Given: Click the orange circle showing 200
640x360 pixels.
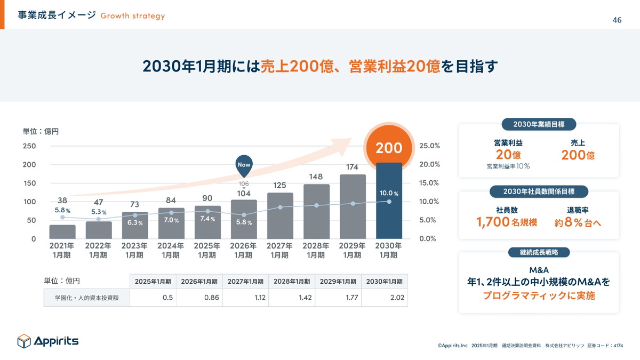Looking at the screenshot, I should pyautogui.click(x=389, y=147).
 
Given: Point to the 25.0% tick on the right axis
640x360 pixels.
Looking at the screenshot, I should pyautogui.click(x=429, y=146).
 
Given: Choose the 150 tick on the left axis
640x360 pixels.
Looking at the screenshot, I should pyautogui.click(x=29, y=183).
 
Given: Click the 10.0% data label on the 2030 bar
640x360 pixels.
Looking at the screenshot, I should pyautogui.click(x=389, y=193).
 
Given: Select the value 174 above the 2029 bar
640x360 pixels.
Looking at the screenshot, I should pyautogui.click(x=352, y=167).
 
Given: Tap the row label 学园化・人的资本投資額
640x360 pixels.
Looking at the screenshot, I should pyautogui.click(x=86, y=298).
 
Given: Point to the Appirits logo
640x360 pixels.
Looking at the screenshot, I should pyautogui.click(x=48, y=341).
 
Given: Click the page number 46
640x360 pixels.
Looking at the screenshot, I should pyautogui.click(x=617, y=20).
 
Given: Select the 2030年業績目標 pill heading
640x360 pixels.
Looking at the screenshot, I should pyautogui.click(x=539, y=124).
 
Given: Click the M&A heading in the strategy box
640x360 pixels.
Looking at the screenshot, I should pyautogui.click(x=539, y=269).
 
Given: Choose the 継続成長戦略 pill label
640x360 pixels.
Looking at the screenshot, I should pyautogui.click(x=539, y=252).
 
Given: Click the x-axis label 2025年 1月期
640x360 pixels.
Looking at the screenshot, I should pyautogui.click(x=207, y=250).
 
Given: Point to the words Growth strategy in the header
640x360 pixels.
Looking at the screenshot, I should pyautogui.click(x=133, y=15).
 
